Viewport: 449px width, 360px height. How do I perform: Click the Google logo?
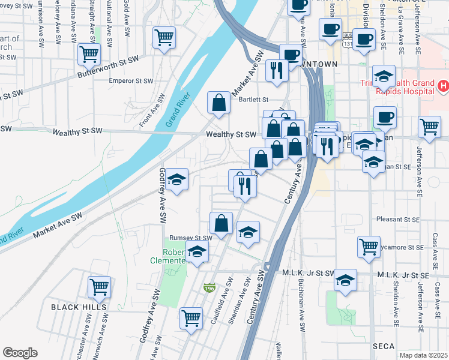(x=20, y=353)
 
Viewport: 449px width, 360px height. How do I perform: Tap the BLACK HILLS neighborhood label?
(x=79, y=307)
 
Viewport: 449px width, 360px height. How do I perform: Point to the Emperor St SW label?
(x=132, y=80)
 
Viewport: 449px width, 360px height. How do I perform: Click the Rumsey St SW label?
(x=190, y=238)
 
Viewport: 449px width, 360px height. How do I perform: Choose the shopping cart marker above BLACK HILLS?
(x=99, y=286)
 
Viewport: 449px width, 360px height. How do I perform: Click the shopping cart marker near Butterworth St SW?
(x=89, y=54)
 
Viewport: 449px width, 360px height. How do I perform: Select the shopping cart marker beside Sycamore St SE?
(x=369, y=245)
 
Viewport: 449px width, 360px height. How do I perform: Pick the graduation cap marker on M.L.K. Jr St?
(x=345, y=279)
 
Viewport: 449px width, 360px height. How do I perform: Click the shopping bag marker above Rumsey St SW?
(x=221, y=223)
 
